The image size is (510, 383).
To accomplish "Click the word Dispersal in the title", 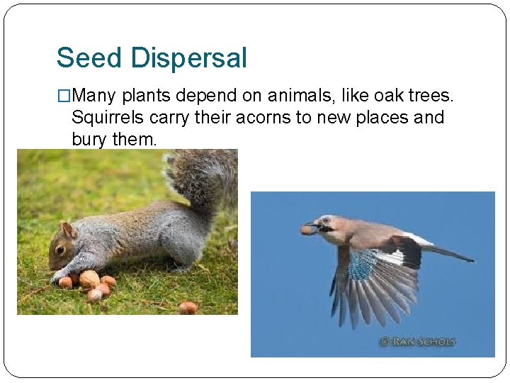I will (x=189, y=57).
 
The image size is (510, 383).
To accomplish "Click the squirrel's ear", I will (x=68, y=229).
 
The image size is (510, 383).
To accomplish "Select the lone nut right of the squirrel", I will (x=187, y=307).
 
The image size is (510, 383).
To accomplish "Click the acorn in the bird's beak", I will (x=306, y=229).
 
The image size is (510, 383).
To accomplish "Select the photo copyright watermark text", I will (x=418, y=342).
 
